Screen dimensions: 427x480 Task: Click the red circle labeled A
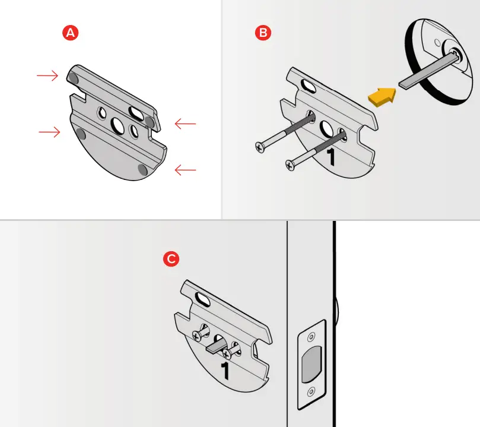click(x=71, y=33)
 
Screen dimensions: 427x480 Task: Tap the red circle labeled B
click(x=262, y=33)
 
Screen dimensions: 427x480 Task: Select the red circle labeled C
click(x=171, y=259)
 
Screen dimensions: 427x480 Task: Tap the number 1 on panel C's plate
click(x=225, y=370)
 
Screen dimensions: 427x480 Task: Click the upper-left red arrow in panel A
click(x=47, y=75)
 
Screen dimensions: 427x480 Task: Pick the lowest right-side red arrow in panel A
click(x=185, y=170)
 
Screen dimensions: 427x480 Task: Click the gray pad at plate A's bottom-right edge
click(x=142, y=170)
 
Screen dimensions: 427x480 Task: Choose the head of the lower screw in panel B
click(x=291, y=163)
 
